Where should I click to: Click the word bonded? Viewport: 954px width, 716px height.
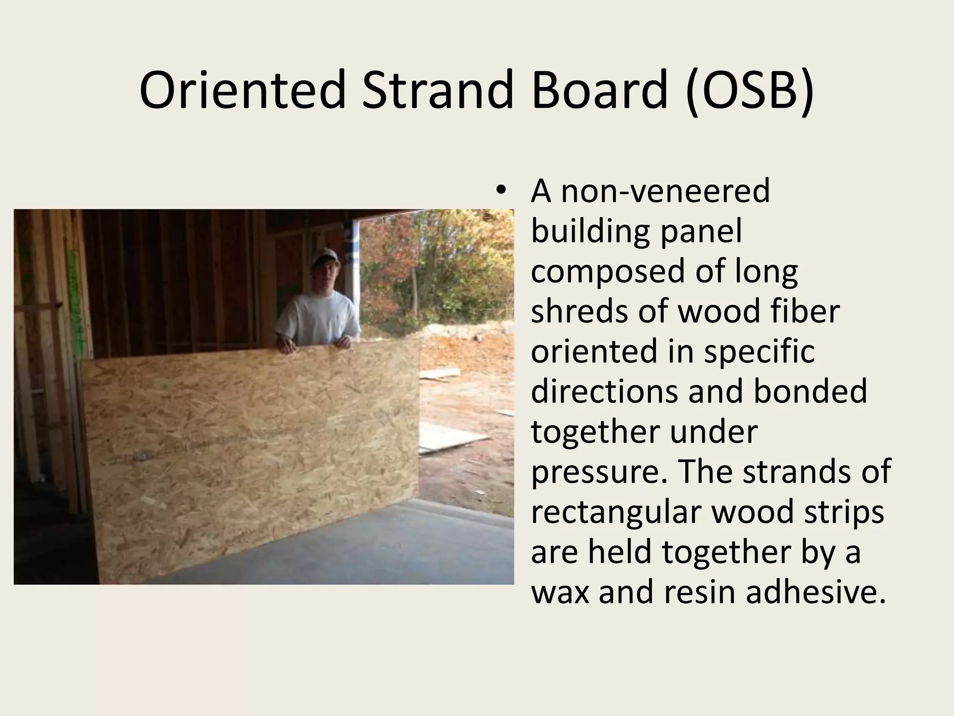pos(810,391)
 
